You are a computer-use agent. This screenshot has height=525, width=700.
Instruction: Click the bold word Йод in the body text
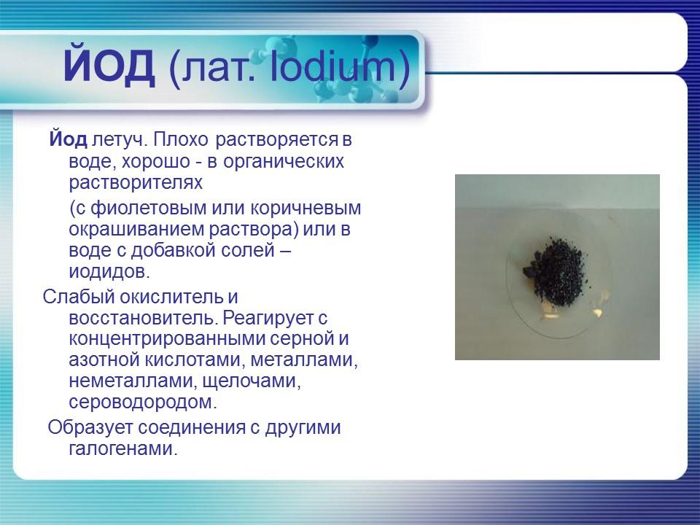point(69,139)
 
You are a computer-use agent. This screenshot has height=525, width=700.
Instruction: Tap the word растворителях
point(135,181)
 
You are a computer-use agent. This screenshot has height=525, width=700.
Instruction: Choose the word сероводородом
point(143,402)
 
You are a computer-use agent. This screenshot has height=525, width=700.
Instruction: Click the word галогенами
point(123,448)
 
